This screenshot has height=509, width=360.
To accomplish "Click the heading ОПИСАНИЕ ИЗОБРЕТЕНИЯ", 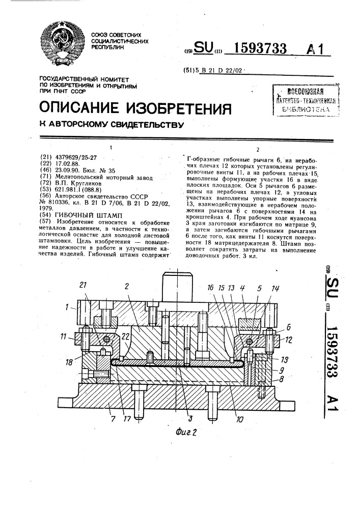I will tap(135, 108).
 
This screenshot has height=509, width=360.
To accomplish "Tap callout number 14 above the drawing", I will tap(275, 288).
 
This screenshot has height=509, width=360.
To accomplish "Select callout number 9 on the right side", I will tap(282, 370).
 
